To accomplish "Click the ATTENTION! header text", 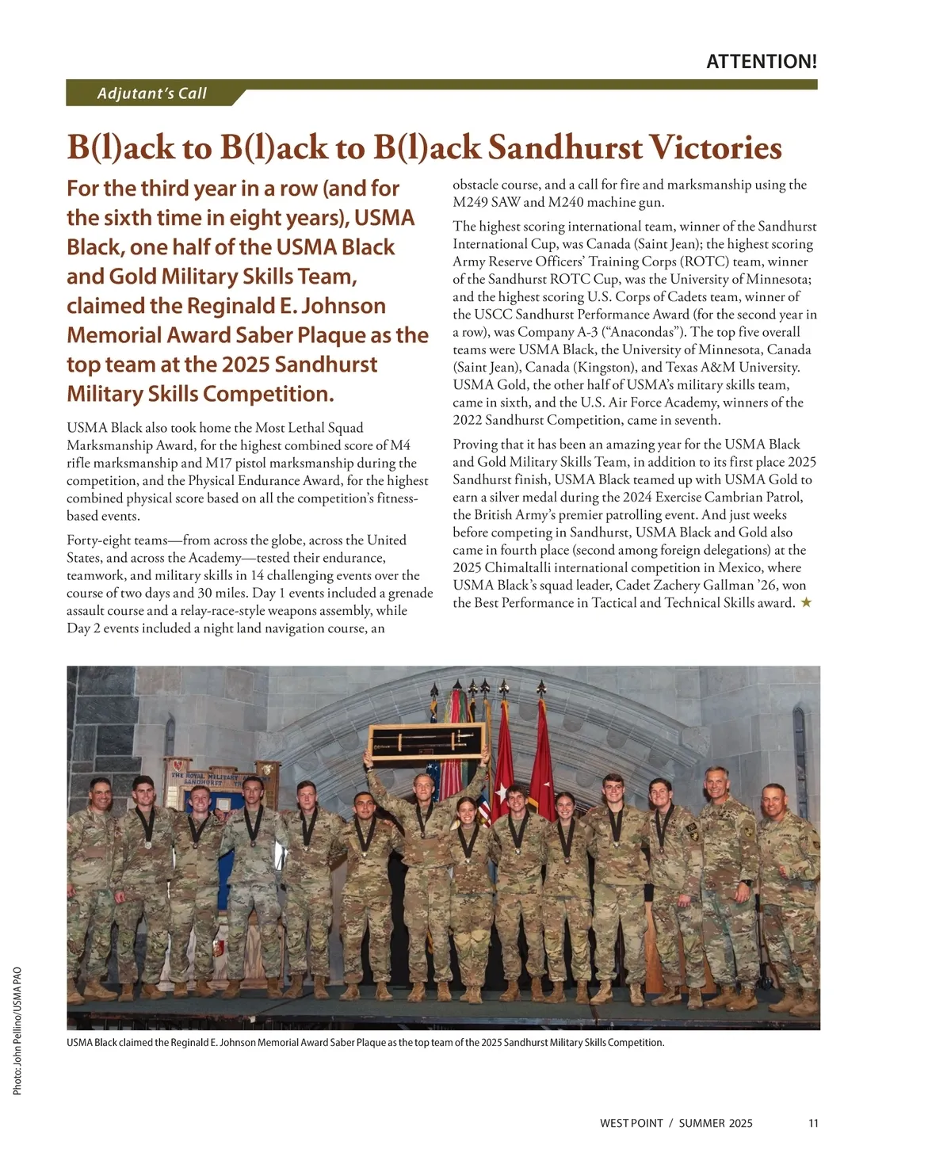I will [x=761, y=62].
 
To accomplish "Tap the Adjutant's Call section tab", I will [x=152, y=94].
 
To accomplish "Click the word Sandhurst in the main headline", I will [x=563, y=148].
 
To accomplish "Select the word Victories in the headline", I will [x=716, y=148].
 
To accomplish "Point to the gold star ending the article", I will [x=806, y=603].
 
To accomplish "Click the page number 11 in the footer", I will [x=813, y=1123].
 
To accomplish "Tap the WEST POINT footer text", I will [x=632, y=1123].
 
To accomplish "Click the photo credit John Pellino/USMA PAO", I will [x=17, y=1030].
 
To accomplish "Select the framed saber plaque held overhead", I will [x=427, y=742].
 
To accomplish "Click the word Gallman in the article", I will [x=733, y=586].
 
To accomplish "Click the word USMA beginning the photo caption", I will [x=79, y=1042].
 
